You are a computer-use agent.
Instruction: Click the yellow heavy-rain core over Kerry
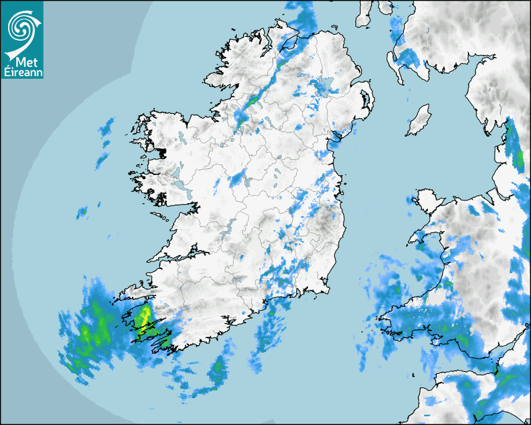145,314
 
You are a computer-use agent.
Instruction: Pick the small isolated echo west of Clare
81,212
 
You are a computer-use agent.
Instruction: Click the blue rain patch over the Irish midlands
237,179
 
